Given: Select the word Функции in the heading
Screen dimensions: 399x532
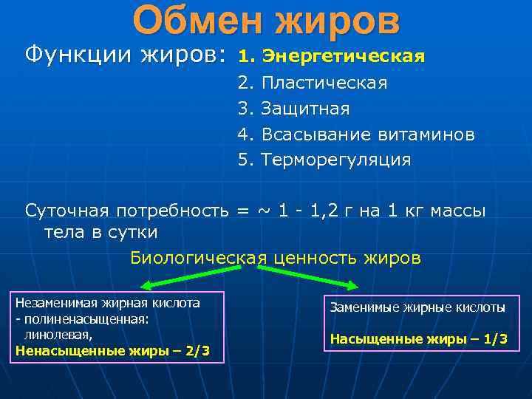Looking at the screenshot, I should (71, 55).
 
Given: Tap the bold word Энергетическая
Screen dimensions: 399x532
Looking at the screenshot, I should (344, 57).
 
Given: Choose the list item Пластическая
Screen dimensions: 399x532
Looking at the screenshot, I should (324, 83).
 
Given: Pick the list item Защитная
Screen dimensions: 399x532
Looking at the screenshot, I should (306, 109).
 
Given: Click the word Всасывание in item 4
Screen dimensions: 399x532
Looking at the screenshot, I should (317, 134).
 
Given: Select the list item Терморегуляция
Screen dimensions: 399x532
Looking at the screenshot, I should (336, 160).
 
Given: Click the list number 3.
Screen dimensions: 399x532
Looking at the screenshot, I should (245, 109).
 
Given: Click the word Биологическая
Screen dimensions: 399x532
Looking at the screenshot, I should (199, 258).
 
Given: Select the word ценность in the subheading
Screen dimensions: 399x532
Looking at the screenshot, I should (318, 258).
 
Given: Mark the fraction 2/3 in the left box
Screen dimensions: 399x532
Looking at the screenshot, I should (195, 351).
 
